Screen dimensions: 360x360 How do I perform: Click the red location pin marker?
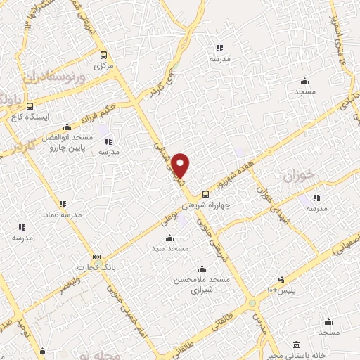click(181, 166)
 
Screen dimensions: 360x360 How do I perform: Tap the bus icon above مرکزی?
click(104, 55)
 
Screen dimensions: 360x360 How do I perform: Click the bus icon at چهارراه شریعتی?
click(205, 194)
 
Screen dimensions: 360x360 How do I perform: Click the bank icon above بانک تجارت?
click(96, 257)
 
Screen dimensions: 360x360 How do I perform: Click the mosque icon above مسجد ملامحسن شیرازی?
click(202, 269)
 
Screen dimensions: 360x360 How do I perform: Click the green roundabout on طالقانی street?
click(252, 304)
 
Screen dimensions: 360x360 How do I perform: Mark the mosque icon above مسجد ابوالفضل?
click(66, 127)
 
